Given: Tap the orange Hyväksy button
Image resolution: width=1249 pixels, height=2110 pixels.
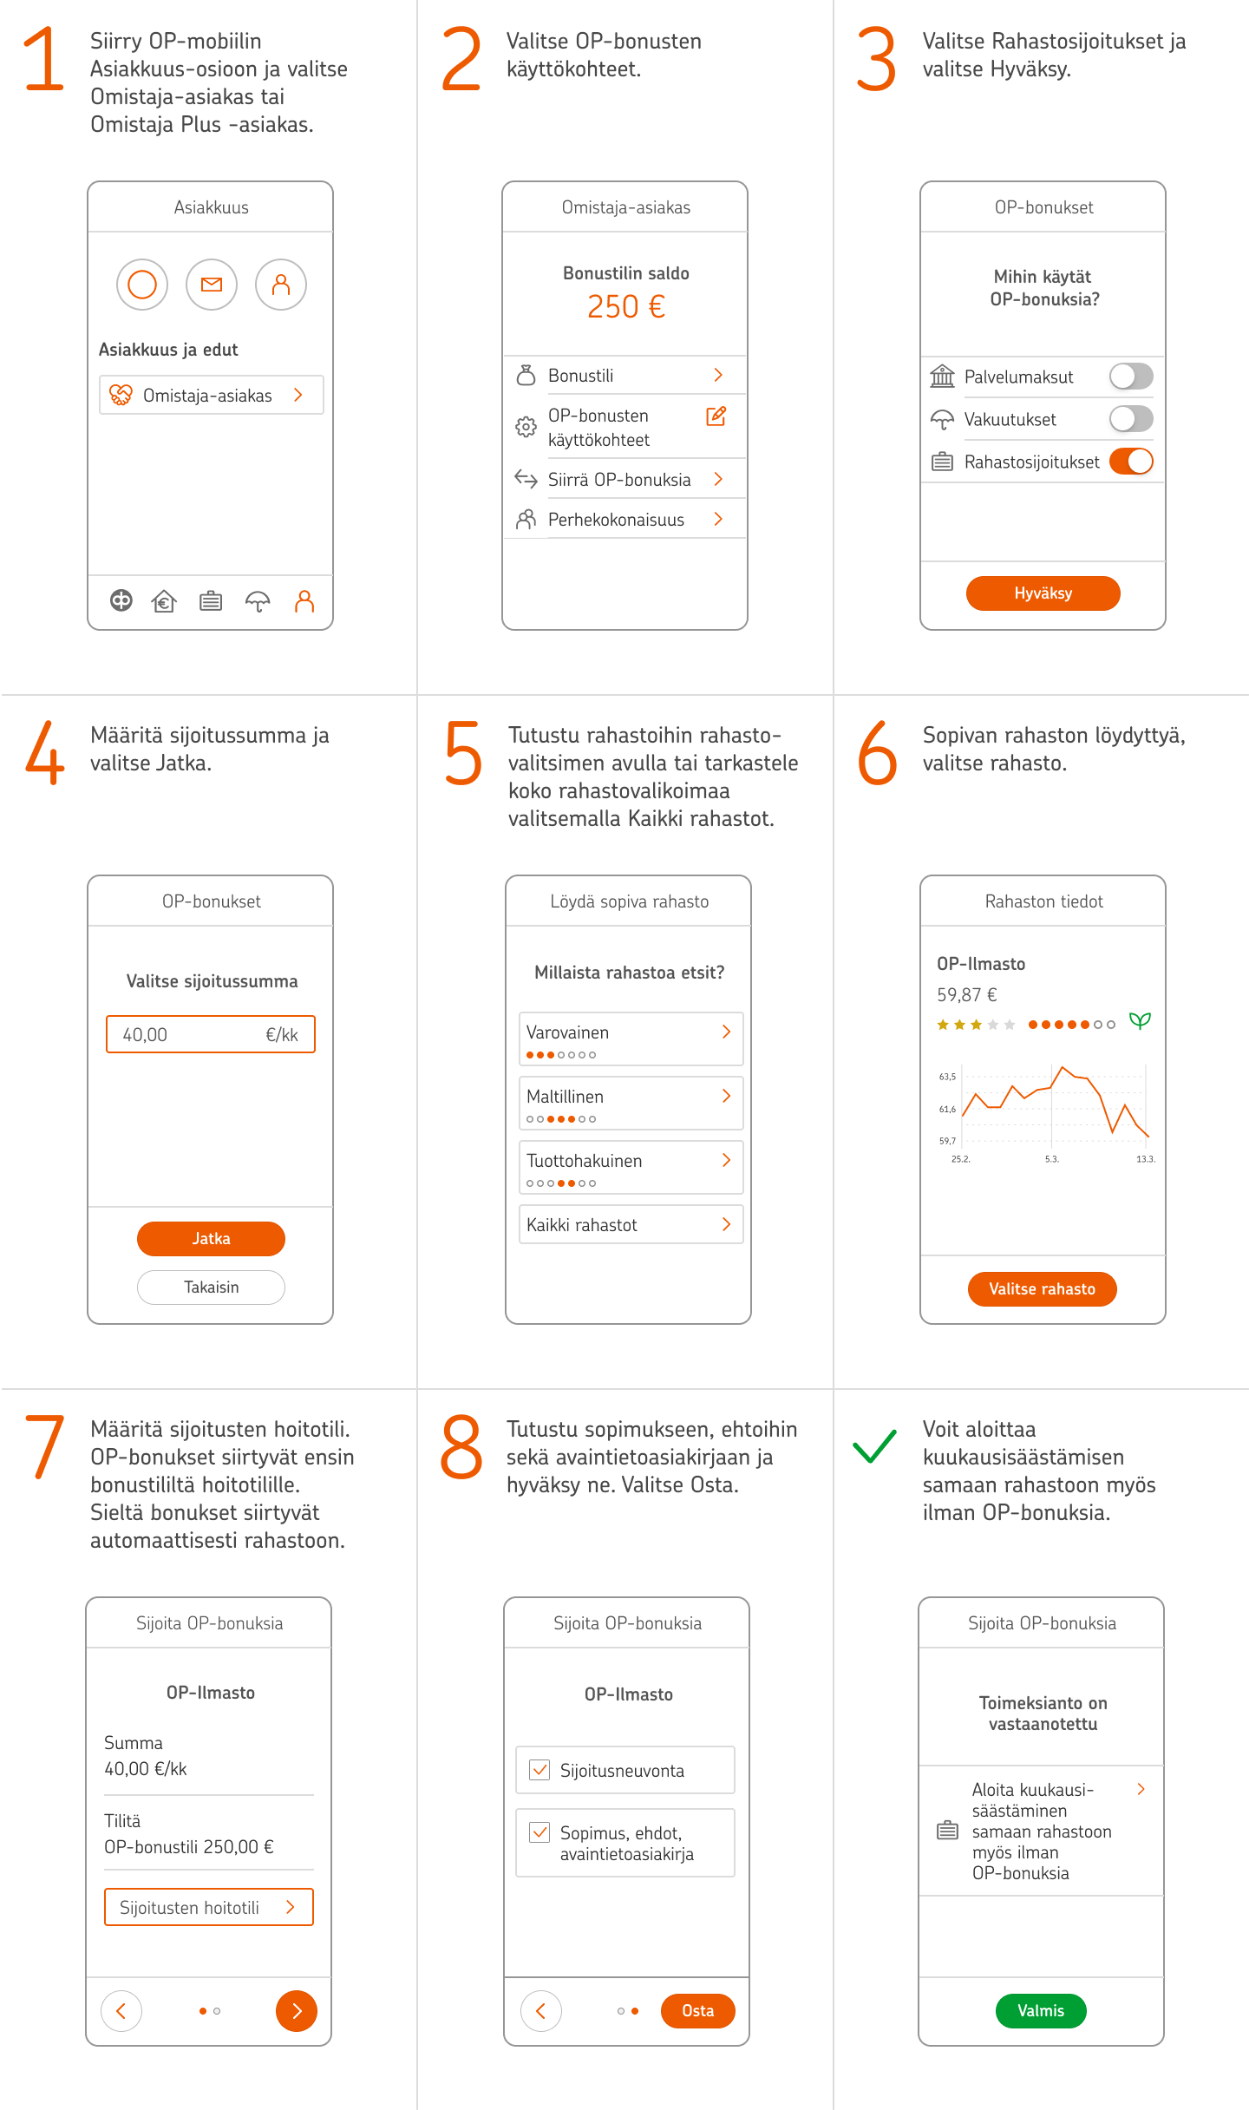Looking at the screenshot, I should point(1043,593).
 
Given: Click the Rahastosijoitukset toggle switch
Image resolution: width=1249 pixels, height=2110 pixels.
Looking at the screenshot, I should point(1131,462).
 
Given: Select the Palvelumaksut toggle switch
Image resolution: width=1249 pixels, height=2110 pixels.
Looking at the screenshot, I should point(1131,377).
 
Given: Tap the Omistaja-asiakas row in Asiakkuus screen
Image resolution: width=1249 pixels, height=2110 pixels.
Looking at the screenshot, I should point(211,395).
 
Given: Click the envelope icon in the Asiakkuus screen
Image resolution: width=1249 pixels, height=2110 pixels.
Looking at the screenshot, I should point(212,285).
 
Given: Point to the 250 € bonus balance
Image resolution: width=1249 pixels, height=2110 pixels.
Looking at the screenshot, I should point(625,306).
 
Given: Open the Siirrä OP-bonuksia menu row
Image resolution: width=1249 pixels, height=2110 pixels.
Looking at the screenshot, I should point(624,479).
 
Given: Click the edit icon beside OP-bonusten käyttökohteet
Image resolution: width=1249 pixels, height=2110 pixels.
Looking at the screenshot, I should point(716,416).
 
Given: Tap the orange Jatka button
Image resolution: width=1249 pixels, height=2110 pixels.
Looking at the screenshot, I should point(211,1238).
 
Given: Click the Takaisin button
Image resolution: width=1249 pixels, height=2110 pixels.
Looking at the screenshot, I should point(211,1287).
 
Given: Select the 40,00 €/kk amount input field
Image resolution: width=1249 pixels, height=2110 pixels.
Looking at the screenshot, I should point(211,1034).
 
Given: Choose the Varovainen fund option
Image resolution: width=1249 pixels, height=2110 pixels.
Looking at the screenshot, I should point(631,1038).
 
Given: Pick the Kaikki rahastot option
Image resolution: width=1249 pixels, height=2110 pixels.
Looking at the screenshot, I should point(631,1224).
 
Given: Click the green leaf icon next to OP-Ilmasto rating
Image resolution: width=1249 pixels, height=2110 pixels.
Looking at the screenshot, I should point(1140,1021).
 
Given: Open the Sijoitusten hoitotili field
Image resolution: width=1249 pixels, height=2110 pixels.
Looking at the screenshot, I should point(208,1907).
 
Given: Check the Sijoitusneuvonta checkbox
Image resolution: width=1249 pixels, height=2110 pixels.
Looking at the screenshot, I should point(539,1770).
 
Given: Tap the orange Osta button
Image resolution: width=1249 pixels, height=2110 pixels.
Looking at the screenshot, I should point(697,2010).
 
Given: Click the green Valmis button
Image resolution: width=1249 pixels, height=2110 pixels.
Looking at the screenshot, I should point(1040,2010).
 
